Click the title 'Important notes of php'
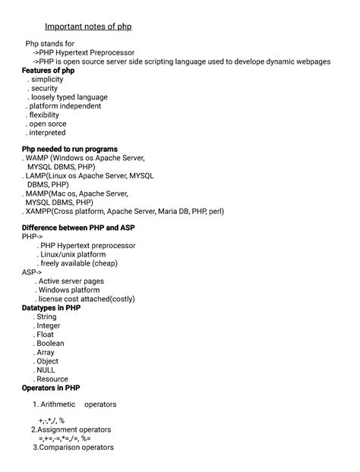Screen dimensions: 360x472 pyautogui.click(x=88, y=27)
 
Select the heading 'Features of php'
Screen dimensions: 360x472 pyautogui.click(x=49, y=71)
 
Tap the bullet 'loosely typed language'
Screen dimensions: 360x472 pyautogui.click(x=68, y=97)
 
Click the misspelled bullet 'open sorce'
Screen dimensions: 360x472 pyautogui.click(x=48, y=124)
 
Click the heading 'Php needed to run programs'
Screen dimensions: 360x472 pyautogui.click(x=70, y=149)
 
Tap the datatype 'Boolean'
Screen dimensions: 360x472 pyautogui.click(x=51, y=343)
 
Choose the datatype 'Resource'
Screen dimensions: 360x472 pyautogui.click(x=52, y=379)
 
